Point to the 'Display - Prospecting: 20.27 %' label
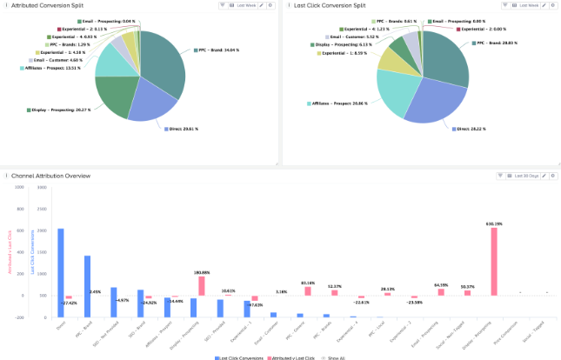(x=57, y=110)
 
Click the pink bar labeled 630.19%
(x=494, y=262)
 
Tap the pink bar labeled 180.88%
(x=201, y=286)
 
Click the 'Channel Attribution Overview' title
(x=49, y=176)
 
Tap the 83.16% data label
(x=307, y=283)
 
